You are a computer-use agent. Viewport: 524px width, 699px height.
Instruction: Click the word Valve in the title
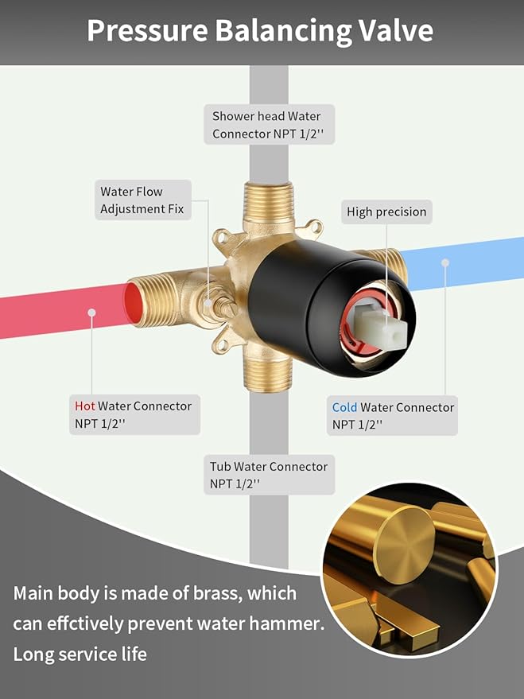pyautogui.click(x=396, y=30)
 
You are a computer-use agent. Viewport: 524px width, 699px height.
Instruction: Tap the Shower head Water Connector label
pyautogui.click(x=269, y=124)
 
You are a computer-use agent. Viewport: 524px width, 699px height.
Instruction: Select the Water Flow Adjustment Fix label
pyautogui.click(x=143, y=200)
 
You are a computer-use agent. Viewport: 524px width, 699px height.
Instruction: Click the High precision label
pyautogui.click(x=386, y=212)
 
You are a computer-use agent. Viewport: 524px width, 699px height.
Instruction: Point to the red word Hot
pyautogui.click(x=84, y=406)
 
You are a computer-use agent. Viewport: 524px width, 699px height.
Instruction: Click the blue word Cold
pyautogui.click(x=344, y=407)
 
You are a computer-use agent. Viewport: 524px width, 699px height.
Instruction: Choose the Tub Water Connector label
pyautogui.click(x=269, y=475)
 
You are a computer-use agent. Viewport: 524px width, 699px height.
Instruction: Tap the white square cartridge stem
pyautogui.click(x=382, y=328)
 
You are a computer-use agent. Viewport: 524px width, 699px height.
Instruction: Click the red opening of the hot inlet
pyautogui.click(x=132, y=303)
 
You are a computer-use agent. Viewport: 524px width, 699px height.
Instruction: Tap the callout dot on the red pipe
pyautogui.click(x=91, y=313)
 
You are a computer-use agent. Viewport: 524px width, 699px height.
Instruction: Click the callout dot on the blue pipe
pyautogui.click(x=444, y=263)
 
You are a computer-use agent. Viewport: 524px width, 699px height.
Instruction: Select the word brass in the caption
pyautogui.click(x=217, y=593)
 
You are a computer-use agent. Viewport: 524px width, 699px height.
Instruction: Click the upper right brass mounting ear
pyautogui.click(x=313, y=227)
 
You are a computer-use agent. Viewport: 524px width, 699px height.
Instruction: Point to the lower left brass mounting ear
pyautogui.click(x=223, y=344)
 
